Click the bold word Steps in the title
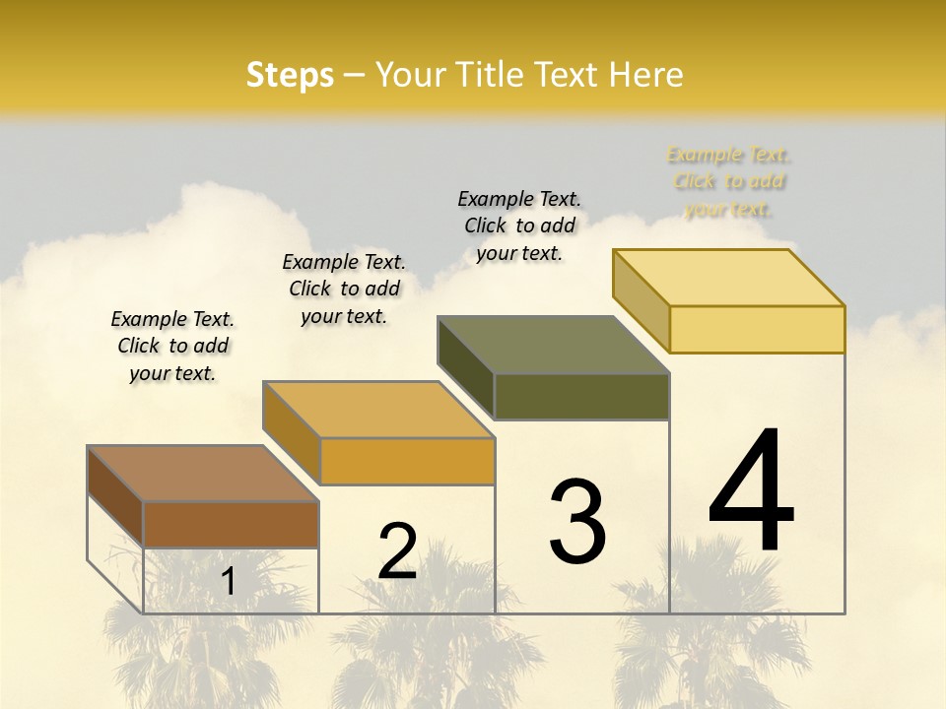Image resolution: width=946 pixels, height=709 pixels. [x=290, y=75]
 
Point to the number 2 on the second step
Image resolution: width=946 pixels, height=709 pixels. [x=397, y=551]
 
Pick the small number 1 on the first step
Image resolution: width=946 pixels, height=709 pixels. [x=229, y=581]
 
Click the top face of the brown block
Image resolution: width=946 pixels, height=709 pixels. [x=203, y=474]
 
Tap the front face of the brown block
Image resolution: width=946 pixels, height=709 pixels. [x=231, y=524]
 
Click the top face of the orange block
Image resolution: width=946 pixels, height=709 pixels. [x=378, y=410]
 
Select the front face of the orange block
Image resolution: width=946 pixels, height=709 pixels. [x=407, y=461]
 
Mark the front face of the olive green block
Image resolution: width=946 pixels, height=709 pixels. [x=581, y=396]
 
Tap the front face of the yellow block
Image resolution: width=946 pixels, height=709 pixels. [x=757, y=329]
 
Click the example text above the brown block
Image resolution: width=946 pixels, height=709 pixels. [x=172, y=346]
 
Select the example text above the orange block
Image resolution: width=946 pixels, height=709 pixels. [x=344, y=289]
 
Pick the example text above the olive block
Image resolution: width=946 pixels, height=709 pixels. [x=519, y=226]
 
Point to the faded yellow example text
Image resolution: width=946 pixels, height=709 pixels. [x=729, y=181]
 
